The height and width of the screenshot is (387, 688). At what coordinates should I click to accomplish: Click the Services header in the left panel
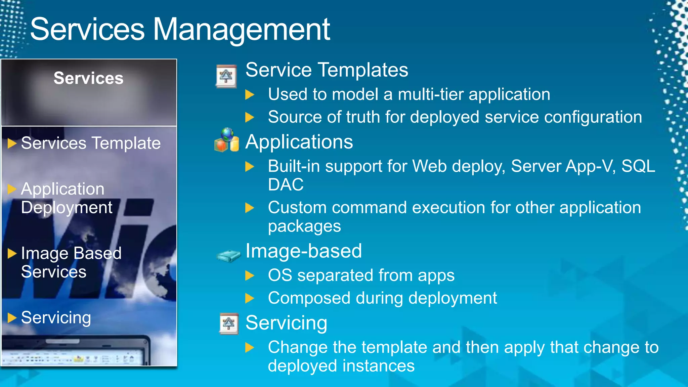coord(88,78)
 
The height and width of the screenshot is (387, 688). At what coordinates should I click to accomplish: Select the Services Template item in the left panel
coord(91,143)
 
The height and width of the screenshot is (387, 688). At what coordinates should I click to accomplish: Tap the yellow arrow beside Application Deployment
coord(12,189)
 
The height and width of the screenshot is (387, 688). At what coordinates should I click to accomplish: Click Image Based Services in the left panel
coord(71,262)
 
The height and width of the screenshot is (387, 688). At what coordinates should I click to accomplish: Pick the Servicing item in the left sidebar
coord(56,317)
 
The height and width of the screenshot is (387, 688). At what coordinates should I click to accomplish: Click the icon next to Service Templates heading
coord(226,76)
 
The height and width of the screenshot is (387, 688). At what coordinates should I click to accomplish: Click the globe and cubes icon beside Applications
coord(227,140)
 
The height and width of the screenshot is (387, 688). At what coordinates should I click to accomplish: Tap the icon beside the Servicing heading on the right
coord(229,324)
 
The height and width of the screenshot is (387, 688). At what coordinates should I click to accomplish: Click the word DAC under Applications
coord(286,185)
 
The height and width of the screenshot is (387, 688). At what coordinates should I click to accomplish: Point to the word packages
coord(304,226)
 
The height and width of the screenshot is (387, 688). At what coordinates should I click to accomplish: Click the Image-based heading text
coord(304,251)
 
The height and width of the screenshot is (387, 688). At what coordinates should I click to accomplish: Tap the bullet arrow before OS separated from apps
coord(250,275)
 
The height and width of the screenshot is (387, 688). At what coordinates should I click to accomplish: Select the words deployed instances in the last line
coord(341,366)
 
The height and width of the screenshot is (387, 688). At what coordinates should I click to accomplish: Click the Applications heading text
coord(299,142)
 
